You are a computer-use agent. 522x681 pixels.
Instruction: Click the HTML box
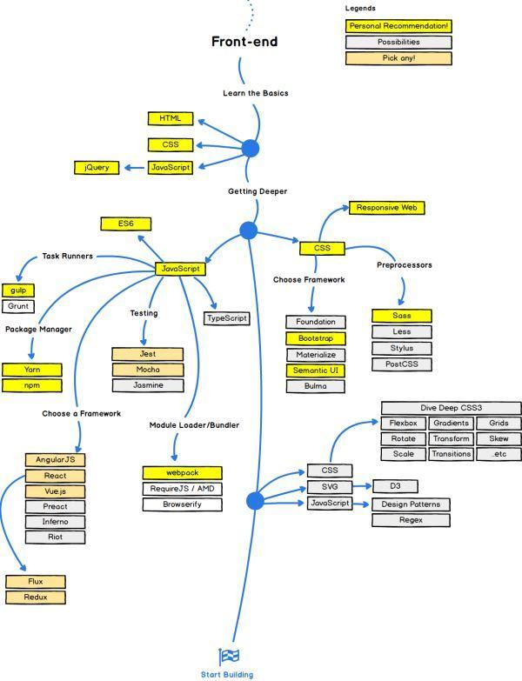(x=171, y=118)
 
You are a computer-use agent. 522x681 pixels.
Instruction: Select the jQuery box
(x=97, y=167)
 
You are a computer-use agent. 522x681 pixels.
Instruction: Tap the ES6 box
(x=127, y=224)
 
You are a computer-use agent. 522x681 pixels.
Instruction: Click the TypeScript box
(x=227, y=318)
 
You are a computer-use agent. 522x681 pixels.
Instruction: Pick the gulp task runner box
(x=18, y=290)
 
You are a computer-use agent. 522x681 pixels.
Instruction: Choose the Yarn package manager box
(x=32, y=369)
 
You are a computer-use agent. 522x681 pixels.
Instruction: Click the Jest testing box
(x=148, y=354)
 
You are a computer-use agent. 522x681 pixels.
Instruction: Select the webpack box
(x=177, y=472)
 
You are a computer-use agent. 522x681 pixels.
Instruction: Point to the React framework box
(x=56, y=476)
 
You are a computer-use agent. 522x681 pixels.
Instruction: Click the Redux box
(x=35, y=598)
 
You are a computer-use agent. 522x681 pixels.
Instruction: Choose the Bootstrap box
(x=315, y=337)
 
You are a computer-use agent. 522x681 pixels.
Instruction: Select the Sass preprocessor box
(x=401, y=316)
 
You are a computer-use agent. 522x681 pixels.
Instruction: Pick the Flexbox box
(x=403, y=423)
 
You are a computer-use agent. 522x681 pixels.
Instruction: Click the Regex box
(x=411, y=520)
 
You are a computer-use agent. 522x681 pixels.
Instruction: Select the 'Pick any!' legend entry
(x=398, y=58)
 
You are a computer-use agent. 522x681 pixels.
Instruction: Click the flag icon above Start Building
(x=228, y=656)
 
